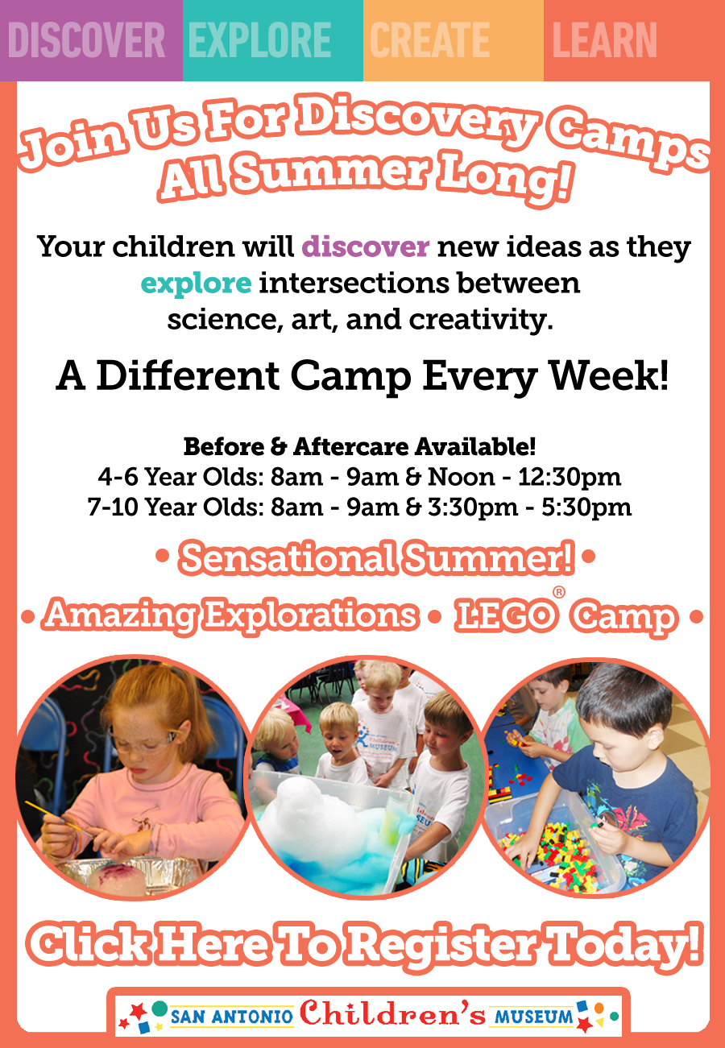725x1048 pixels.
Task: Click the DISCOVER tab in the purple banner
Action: (x=86, y=40)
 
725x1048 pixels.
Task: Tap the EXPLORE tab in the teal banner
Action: (x=259, y=40)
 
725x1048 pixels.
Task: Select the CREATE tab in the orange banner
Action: (x=429, y=40)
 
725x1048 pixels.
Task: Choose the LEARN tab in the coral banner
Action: (x=604, y=40)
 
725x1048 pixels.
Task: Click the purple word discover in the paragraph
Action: (x=365, y=246)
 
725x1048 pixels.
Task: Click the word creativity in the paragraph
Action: (x=481, y=321)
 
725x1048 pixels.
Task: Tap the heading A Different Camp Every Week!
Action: (x=362, y=376)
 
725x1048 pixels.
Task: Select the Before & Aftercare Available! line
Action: (x=359, y=446)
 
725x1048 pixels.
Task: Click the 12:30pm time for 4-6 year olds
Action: (x=570, y=478)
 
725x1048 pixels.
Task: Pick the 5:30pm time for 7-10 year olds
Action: (x=586, y=507)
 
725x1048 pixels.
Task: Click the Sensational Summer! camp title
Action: (x=376, y=558)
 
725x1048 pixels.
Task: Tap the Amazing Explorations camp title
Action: (x=230, y=615)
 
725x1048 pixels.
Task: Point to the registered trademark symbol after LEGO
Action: (x=558, y=592)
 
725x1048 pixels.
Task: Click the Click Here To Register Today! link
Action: (x=365, y=945)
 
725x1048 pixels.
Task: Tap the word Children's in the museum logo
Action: (x=392, y=1013)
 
